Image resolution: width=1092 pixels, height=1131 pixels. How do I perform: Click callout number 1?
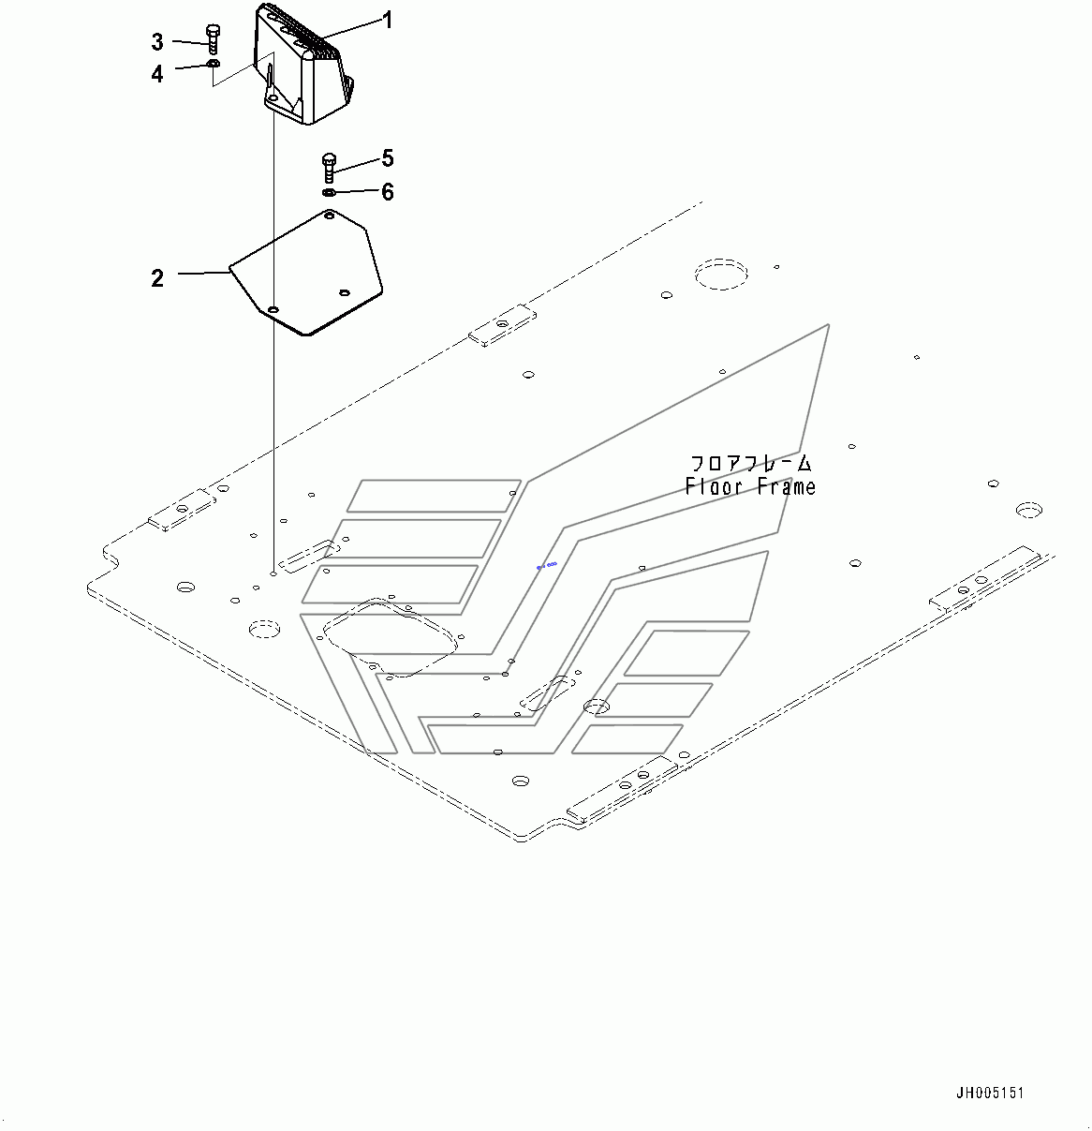(x=388, y=21)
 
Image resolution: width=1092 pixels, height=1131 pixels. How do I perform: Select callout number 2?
(x=157, y=278)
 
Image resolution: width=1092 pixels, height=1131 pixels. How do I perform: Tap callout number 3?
(x=157, y=42)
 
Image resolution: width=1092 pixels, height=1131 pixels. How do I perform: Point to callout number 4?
(x=157, y=74)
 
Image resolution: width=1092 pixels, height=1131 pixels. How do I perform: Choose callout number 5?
(x=388, y=158)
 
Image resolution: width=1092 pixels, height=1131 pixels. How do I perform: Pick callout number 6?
(x=388, y=192)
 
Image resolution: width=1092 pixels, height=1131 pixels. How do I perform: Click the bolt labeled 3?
(x=214, y=39)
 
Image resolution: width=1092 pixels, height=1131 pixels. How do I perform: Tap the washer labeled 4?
(x=214, y=63)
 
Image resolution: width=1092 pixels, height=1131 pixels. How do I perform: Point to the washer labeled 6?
(x=328, y=192)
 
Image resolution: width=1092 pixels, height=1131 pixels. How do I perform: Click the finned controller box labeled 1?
(x=304, y=64)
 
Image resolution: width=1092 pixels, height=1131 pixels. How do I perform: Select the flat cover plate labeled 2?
(x=306, y=273)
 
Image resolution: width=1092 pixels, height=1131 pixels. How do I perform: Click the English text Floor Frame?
(x=750, y=486)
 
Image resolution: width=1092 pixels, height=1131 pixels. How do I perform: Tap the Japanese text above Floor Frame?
(x=750, y=463)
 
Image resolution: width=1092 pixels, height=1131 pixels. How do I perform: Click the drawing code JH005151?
(x=990, y=1094)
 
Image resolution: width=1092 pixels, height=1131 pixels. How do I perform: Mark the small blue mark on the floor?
(x=547, y=565)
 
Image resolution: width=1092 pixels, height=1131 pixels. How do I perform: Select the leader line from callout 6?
(x=357, y=191)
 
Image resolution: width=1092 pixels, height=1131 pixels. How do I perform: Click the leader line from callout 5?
(x=357, y=165)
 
